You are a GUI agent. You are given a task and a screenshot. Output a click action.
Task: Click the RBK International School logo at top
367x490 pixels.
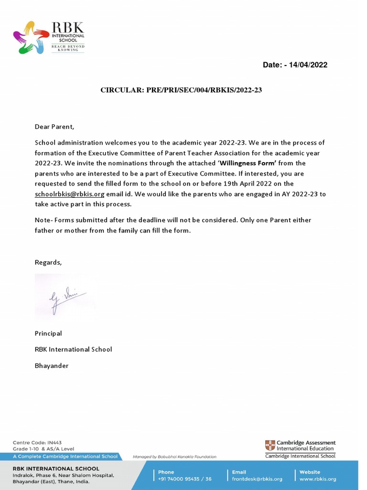48,37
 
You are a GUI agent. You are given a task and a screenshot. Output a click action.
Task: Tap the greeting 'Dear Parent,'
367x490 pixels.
54,127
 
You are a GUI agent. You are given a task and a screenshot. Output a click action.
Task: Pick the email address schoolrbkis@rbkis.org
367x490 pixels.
69,194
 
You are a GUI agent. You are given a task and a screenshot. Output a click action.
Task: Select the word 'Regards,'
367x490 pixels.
48,262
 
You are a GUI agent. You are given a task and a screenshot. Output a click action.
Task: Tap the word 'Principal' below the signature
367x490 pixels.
48,334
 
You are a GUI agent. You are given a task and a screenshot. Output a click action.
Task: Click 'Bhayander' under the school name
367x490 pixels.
52,366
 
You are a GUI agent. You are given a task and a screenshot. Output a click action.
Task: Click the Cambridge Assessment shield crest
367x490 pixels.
270,445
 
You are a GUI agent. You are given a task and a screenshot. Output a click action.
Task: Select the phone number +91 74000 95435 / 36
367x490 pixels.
184,479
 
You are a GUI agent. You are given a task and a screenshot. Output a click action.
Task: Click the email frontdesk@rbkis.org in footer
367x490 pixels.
257,479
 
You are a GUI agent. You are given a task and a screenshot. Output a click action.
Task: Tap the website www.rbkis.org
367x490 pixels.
318,479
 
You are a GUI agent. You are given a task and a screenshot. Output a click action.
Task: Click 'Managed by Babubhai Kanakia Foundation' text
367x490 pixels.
174,457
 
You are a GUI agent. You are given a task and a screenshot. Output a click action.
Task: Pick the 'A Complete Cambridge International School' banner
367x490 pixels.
60,457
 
